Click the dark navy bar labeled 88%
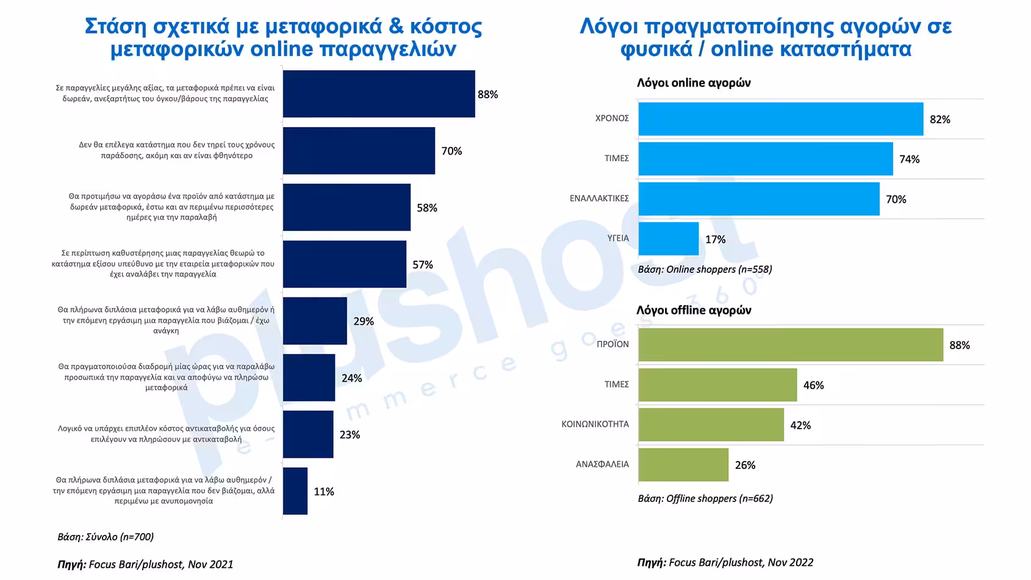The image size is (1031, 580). click(378, 94)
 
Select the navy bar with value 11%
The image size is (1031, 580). click(295, 491)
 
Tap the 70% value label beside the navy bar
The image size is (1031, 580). click(451, 151)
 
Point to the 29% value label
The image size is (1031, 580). click(364, 321)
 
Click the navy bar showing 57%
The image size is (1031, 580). click(344, 264)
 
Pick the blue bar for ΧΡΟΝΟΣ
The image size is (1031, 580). click(780, 119)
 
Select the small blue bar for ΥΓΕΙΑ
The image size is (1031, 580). click(668, 239)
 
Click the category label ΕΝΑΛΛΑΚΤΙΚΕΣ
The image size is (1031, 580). click(598, 198)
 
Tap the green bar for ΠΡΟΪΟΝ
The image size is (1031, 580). click(790, 345)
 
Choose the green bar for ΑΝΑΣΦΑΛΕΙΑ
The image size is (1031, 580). click(683, 465)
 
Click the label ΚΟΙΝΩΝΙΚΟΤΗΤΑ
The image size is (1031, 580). click(595, 424)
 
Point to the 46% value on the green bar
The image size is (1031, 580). click(813, 385)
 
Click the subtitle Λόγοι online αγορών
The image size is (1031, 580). click(693, 83)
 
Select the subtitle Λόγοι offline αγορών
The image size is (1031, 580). click(693, 310)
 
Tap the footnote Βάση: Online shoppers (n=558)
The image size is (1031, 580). click(705, 269)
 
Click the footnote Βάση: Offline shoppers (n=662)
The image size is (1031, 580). click(705, 498)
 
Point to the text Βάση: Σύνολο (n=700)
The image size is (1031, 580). click(106, 537)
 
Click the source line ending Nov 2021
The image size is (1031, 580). click(145, 564)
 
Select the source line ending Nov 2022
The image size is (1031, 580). click(725, 562)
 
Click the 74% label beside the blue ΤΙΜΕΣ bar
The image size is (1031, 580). click(909, 159)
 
